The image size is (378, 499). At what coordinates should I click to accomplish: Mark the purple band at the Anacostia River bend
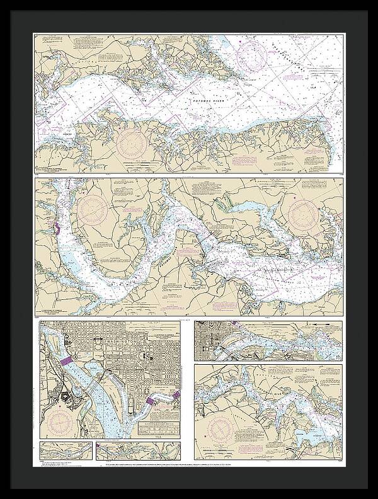(150, 401)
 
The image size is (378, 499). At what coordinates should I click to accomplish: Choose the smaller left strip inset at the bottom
(66, 450)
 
